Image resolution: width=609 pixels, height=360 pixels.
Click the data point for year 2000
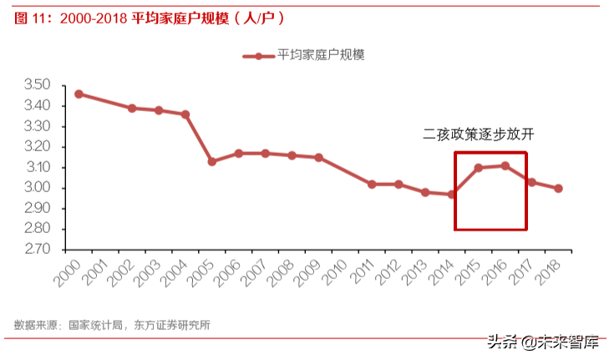tap(79, 94)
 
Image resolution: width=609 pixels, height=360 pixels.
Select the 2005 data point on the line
tap(212, 161)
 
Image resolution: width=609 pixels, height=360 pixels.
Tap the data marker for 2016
tap(505, 165)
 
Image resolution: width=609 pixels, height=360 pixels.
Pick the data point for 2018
tap(558, 188)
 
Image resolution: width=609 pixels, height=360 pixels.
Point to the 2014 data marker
tap(452, 195)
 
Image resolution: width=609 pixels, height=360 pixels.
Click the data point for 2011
tap(372, 184)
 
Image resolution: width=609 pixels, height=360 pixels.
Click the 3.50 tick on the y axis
tap(38, 85)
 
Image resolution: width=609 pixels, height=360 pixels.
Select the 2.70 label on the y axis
tap(38, 249)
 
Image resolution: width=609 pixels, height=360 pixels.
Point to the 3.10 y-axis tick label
tap(38, 167)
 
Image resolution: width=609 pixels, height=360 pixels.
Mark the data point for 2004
tap(185, 114)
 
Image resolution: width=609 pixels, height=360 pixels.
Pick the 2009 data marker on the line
tap(318, 157)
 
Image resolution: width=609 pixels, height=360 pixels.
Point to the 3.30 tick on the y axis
tap(38, 126)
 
